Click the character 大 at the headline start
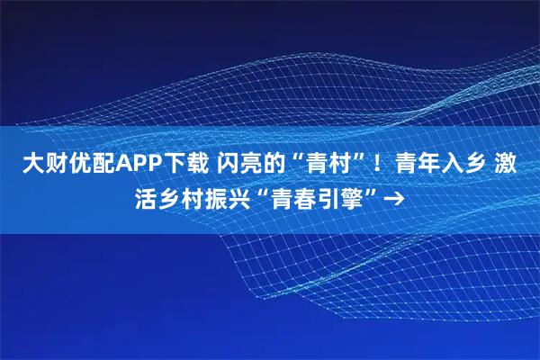(31, 165)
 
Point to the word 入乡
(459, 165)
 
